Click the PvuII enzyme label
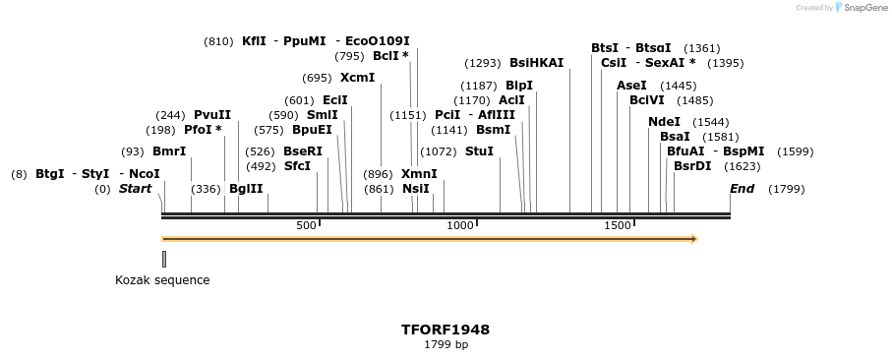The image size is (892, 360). (212, 115)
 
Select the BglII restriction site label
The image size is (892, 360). (246, 189)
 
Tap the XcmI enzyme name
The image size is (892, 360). (357, 77)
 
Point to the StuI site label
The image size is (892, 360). (479, 151)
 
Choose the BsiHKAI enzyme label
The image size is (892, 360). (536, 62)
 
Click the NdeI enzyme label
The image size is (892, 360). (664, 121)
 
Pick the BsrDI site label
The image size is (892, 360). (692, 165)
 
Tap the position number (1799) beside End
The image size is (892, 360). (786, 189)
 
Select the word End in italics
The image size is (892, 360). (742, 189)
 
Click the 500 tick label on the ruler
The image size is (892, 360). (306, 225)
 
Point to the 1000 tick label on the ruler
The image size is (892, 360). (460, 225)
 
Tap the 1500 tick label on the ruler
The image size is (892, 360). (617, 225)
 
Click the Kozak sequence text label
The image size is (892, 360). (162, 280)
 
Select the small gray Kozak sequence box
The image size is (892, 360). (164, 259)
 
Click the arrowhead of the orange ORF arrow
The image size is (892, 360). (693, 238)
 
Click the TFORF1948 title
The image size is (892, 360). (446, 330)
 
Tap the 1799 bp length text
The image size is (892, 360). (446, 345)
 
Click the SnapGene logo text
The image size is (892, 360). (862, 8)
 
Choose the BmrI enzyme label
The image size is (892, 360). (169, 151)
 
